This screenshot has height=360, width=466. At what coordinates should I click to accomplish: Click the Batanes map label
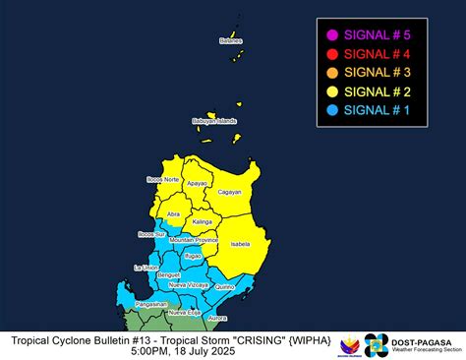pos(230,41)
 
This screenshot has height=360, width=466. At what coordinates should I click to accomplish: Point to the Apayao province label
pos(197,184)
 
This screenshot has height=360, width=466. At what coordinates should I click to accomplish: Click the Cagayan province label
pos(229,192)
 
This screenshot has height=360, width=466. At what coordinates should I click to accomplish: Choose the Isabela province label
pos(239,243)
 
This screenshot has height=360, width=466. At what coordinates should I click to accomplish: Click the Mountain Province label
pos(193,240)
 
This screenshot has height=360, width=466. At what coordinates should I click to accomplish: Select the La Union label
pos(146,268)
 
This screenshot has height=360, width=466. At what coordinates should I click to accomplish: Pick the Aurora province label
pos(217,318)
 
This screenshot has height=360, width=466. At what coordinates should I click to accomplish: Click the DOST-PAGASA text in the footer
pos(425,339)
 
